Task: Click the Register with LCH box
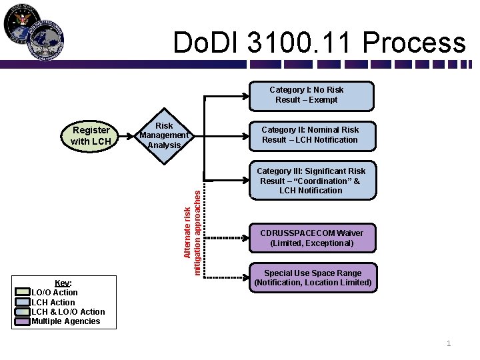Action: pyautogui.click(x=91, y=135)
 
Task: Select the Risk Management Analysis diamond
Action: pyautogui.click(x=164, y=135)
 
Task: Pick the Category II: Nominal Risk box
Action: pyautogui.click(x=310, y=135)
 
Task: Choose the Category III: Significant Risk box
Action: pyautogui.click(x=311, y=181)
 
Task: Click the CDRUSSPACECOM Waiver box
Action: pyautogui.click(x=311, y=238)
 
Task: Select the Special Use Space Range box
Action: pyautogui.click(x=313, y=278)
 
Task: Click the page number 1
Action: pyautogui.click(x=449, y=343)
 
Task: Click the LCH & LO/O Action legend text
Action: pyautogui.click(x=68, y=311)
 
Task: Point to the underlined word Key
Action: pyautogui.click(x=62, y=283)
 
